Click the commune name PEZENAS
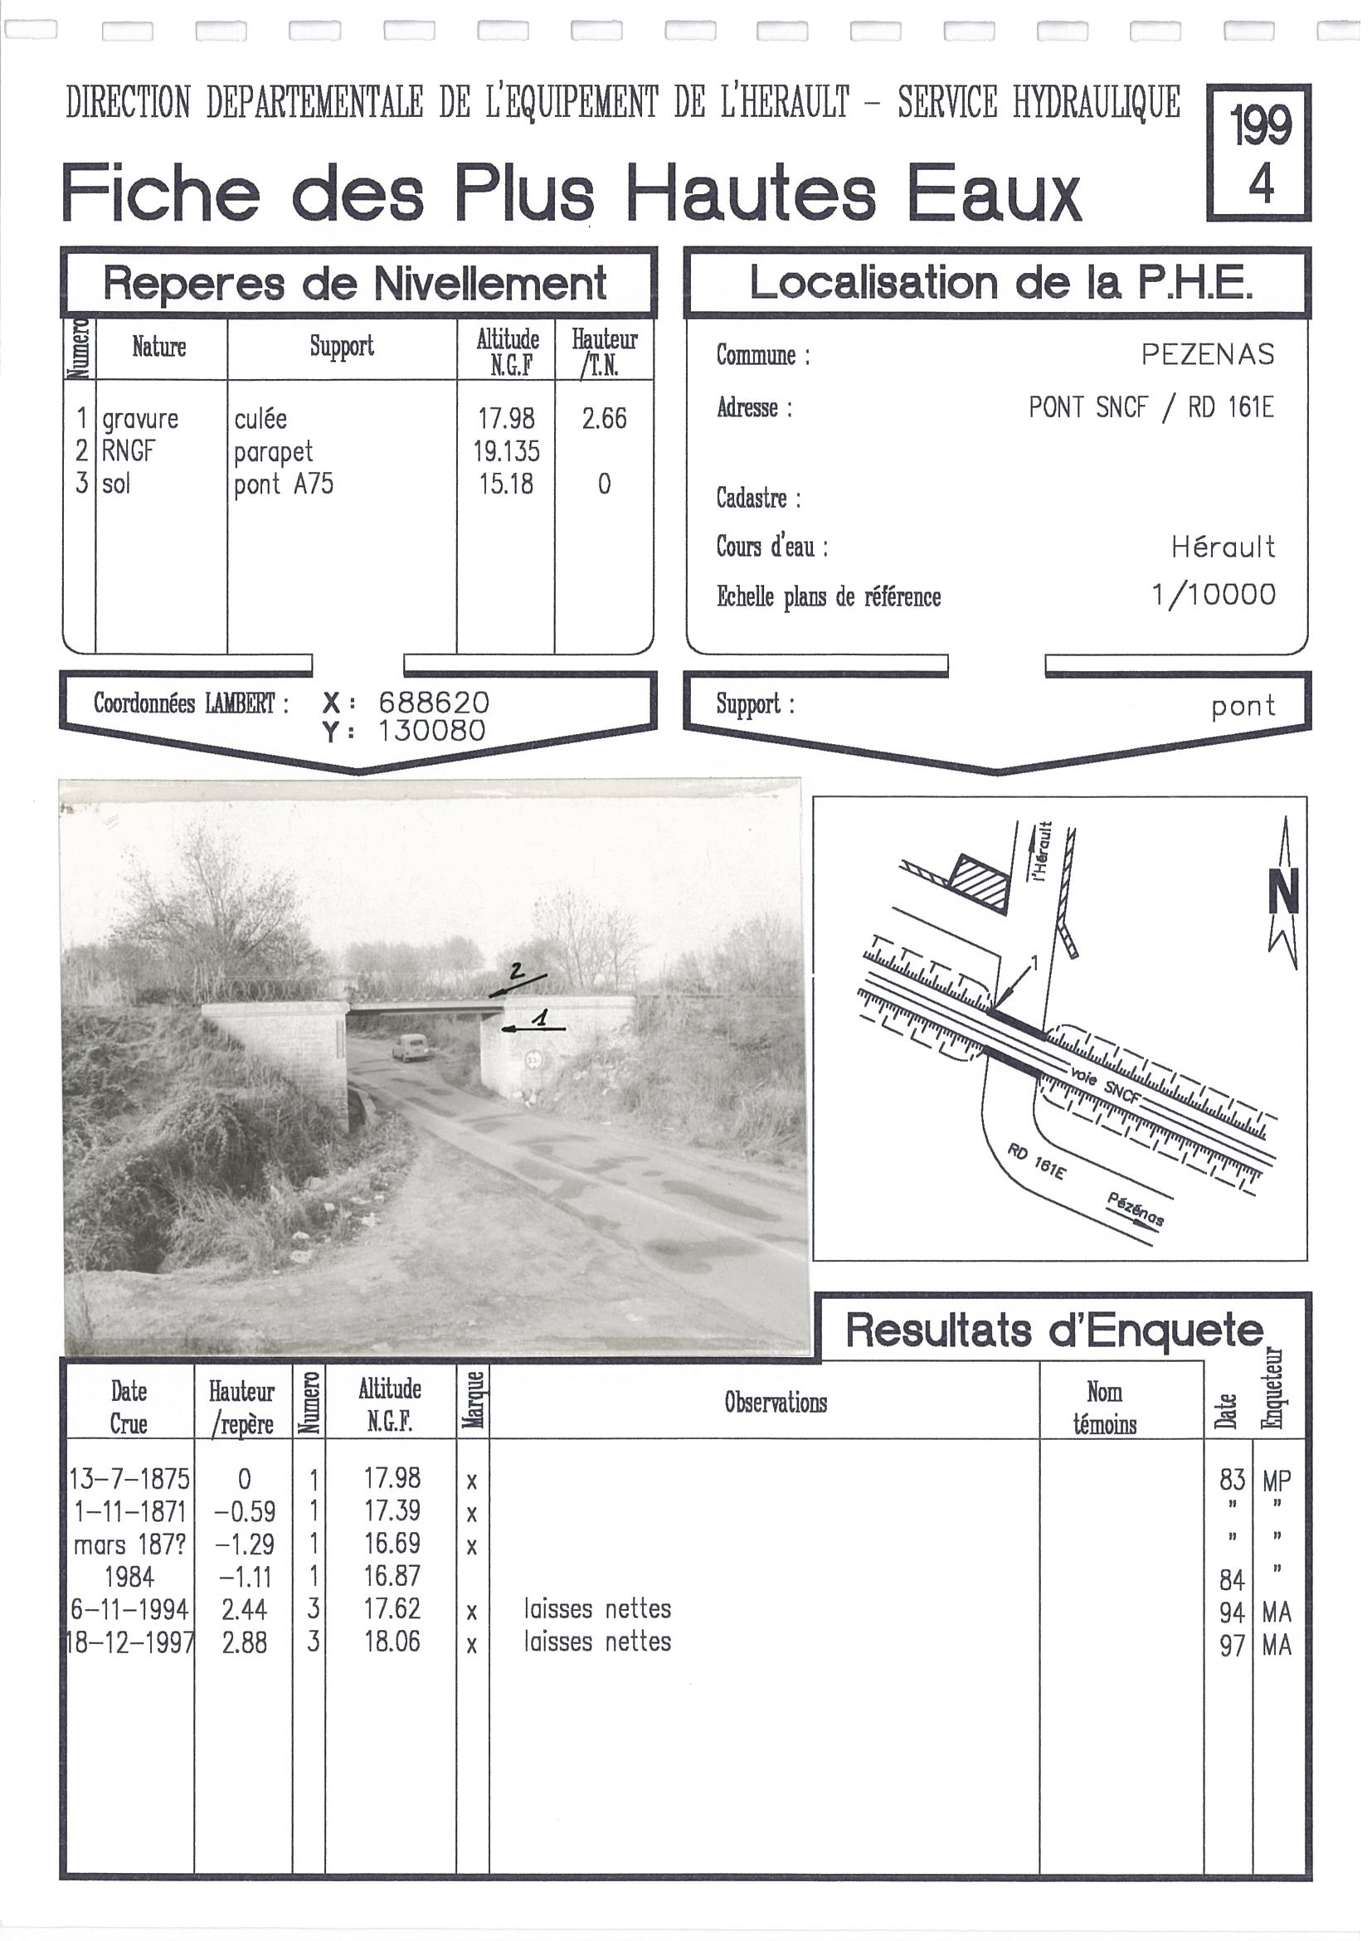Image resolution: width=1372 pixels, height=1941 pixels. point(1206,354)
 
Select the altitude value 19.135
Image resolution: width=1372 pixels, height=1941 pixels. point(505,451)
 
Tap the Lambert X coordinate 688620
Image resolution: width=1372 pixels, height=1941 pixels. point(433,703)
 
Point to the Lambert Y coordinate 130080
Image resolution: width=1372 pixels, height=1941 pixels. point(431,731)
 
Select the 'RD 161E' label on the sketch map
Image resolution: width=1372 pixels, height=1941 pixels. point(1036,1161)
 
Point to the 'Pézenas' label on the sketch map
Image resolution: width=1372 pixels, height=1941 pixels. point(1136,1209)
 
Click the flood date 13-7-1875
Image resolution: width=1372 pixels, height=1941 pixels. point(129,1480)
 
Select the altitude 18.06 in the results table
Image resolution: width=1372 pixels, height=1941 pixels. point(392,1642)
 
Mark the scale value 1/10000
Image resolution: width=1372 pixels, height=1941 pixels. point(1213,595)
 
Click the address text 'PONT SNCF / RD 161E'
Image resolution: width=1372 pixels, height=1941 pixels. point(1150,408)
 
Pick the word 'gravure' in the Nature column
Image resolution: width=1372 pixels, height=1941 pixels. point(140,420)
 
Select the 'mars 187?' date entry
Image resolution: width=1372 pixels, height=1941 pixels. point(129,1545)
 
